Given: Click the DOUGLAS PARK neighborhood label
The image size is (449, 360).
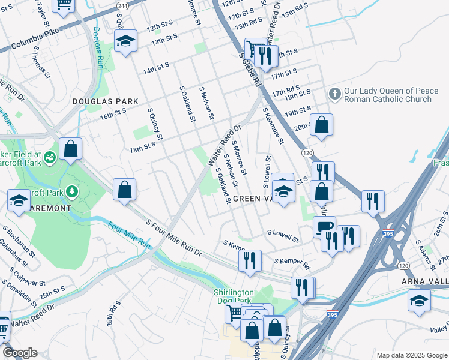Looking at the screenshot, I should click(x=106, y=102).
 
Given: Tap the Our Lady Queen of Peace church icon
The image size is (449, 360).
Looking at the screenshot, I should click(x=335, y=94).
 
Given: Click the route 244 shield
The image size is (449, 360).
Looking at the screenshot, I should click(x=123, y=5).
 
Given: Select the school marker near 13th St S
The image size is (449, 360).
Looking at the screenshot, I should click(x=125, y=41).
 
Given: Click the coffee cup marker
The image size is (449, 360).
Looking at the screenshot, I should click(x=324, y=226).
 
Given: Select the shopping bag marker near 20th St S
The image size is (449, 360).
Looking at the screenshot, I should click(x=322, y=124).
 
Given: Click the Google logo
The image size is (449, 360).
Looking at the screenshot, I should click(x=19, y=353).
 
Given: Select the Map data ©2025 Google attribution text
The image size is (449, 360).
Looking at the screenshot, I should click(x=411, y=355).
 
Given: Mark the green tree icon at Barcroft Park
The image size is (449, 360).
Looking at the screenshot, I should click(x=73, y=191).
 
